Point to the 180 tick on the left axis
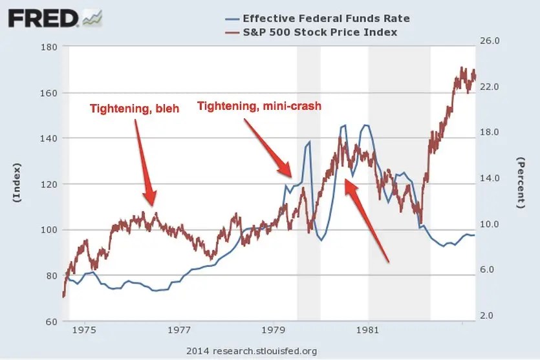[x=49, y=47]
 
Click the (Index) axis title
[x=17, y=185]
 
